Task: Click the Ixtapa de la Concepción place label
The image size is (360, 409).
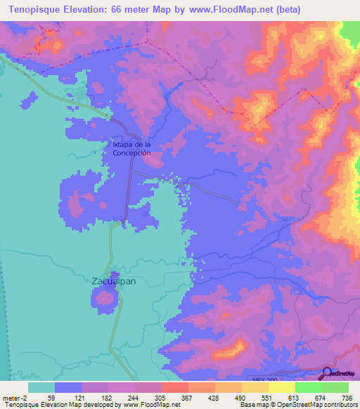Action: (132, 148)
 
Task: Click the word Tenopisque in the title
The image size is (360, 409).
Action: (34, 9)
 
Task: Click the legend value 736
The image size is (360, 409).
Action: (347, 397)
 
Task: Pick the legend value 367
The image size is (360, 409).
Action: (186, 397)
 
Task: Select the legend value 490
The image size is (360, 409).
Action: (240, 397)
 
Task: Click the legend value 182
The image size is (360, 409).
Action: (107, 397)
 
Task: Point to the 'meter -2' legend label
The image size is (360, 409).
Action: (13, 397)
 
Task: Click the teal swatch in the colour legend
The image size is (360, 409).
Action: (41, 387)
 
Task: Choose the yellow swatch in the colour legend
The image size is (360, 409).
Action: (281, 387)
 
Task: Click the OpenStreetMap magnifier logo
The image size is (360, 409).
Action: (329, 373)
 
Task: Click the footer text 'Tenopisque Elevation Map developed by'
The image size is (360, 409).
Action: (56, 405)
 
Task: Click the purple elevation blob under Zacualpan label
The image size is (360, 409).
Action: (105, 298)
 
